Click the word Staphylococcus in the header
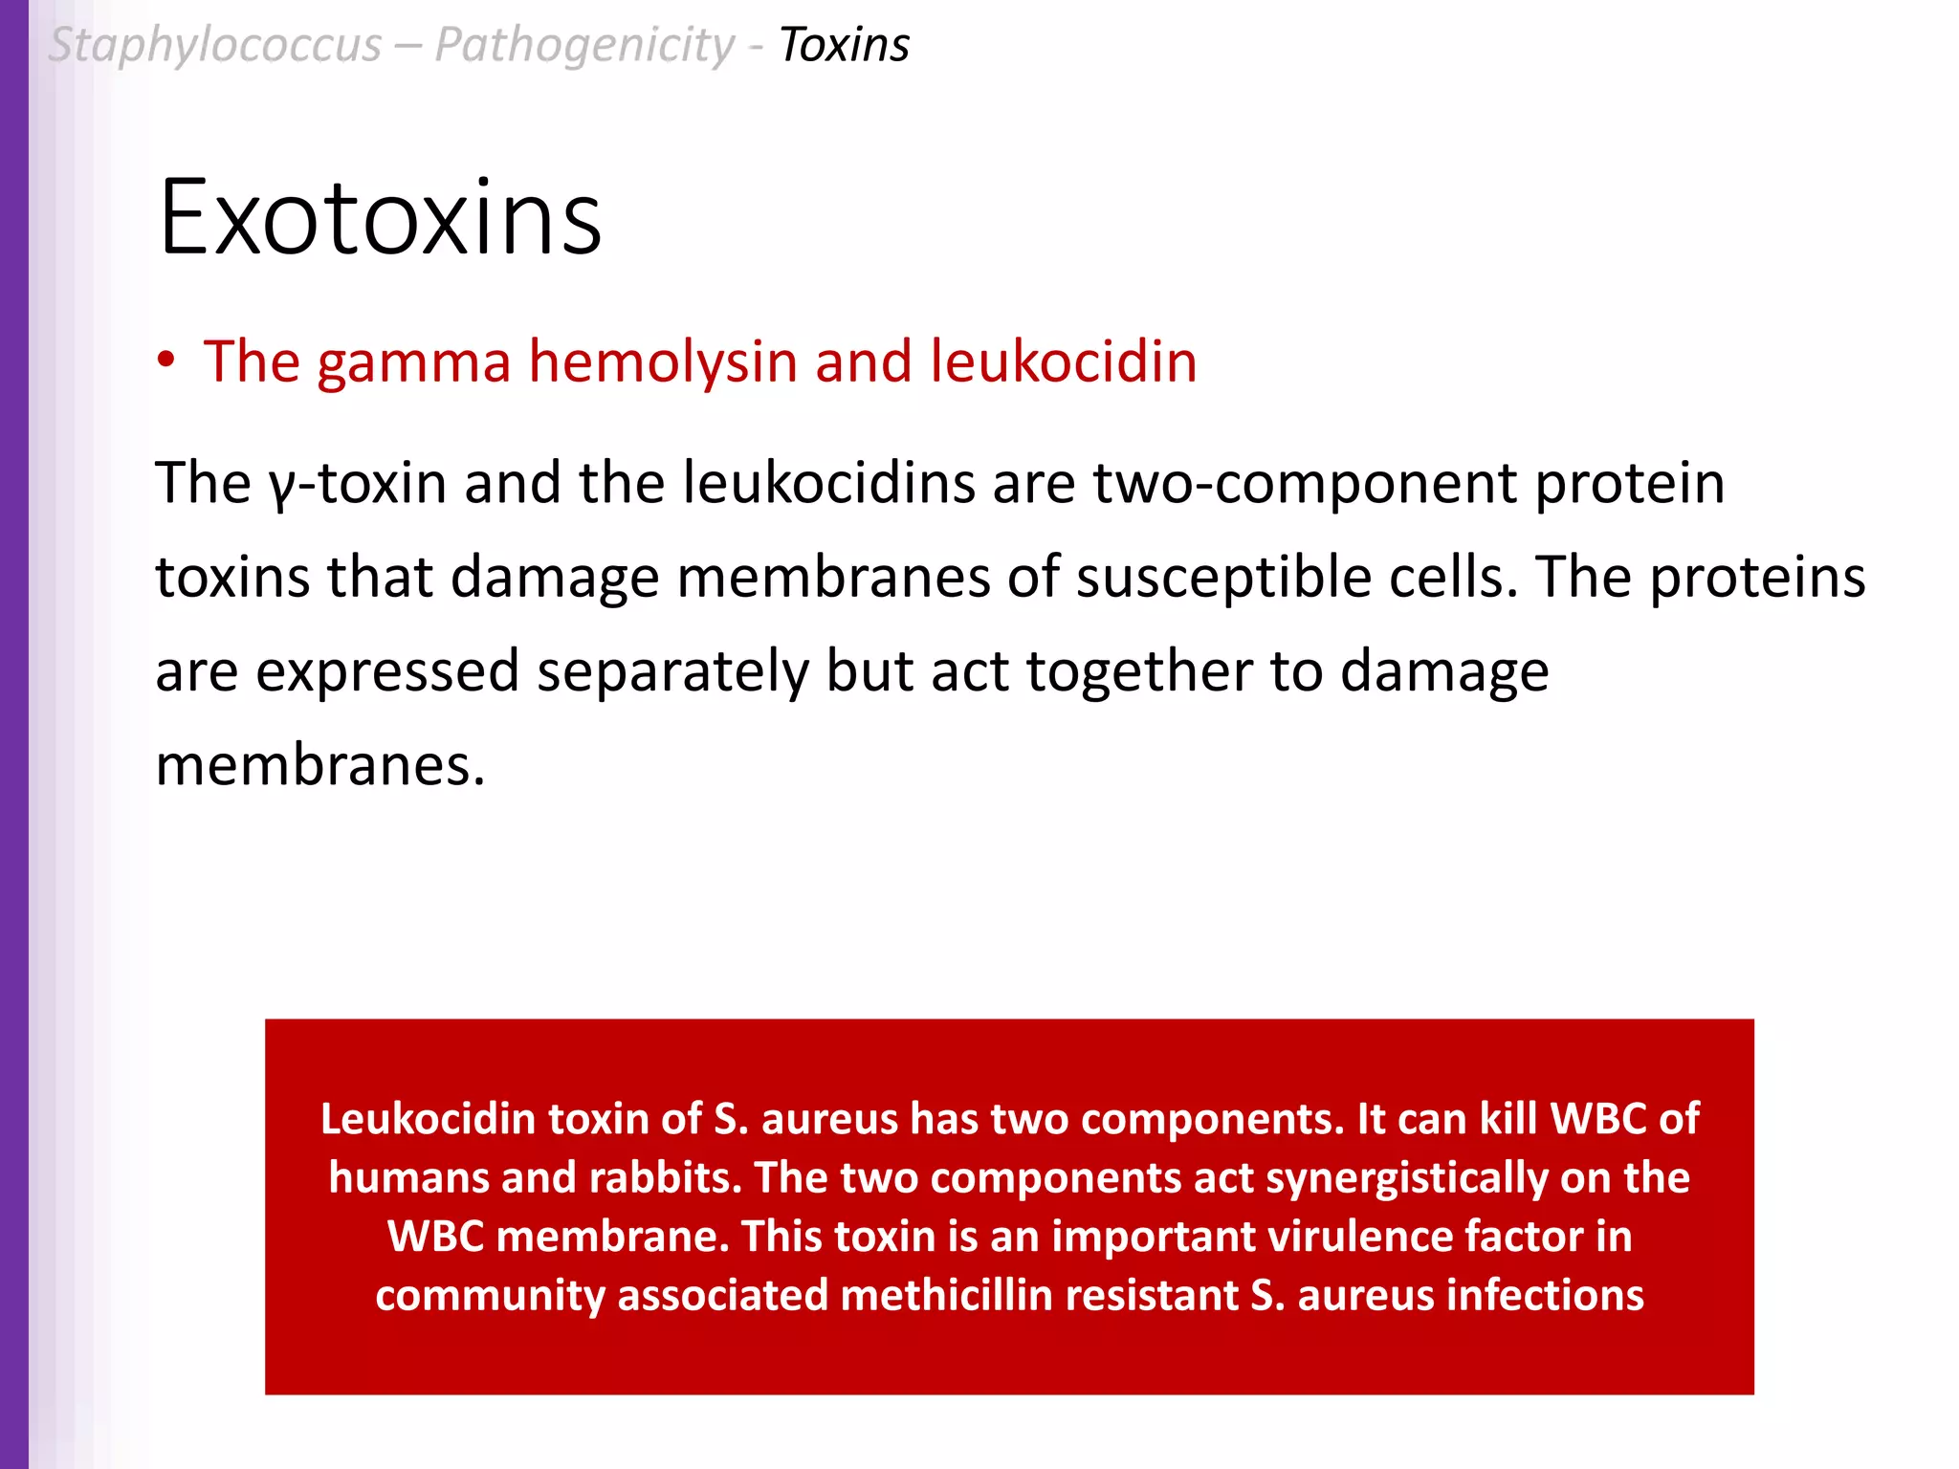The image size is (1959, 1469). tap(215, 45)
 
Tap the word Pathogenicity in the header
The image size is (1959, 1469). tap(584, 45)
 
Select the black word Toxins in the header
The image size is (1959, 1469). tap(844, 45)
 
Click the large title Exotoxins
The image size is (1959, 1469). tap(380, 218)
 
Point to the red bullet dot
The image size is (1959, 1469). tap(166, 361)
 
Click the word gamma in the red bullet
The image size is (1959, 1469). tap(414, 362)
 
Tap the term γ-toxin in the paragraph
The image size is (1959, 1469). tap(358, 482)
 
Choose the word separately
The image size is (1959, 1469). tap(672, 671)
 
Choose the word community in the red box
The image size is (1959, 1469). tap(489, 1295)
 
